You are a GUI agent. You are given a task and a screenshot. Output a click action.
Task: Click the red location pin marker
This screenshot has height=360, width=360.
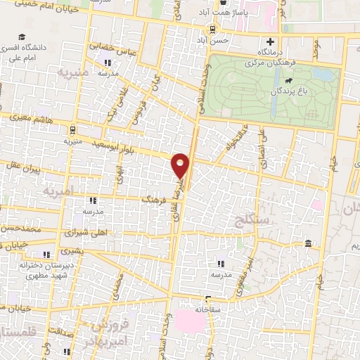181,165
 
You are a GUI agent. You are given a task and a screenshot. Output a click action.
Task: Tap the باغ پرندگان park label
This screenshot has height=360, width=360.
288,92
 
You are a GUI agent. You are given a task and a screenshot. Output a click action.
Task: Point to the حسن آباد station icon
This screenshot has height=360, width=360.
210,30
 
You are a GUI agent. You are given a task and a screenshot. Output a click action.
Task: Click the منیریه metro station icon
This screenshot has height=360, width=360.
72,130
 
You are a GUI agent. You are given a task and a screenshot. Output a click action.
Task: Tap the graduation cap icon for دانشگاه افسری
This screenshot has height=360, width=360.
23,37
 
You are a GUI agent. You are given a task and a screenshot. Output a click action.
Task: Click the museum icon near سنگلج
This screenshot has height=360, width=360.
308,244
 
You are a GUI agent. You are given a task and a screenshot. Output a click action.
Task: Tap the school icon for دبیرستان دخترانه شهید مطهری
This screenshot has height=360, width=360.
46,255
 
